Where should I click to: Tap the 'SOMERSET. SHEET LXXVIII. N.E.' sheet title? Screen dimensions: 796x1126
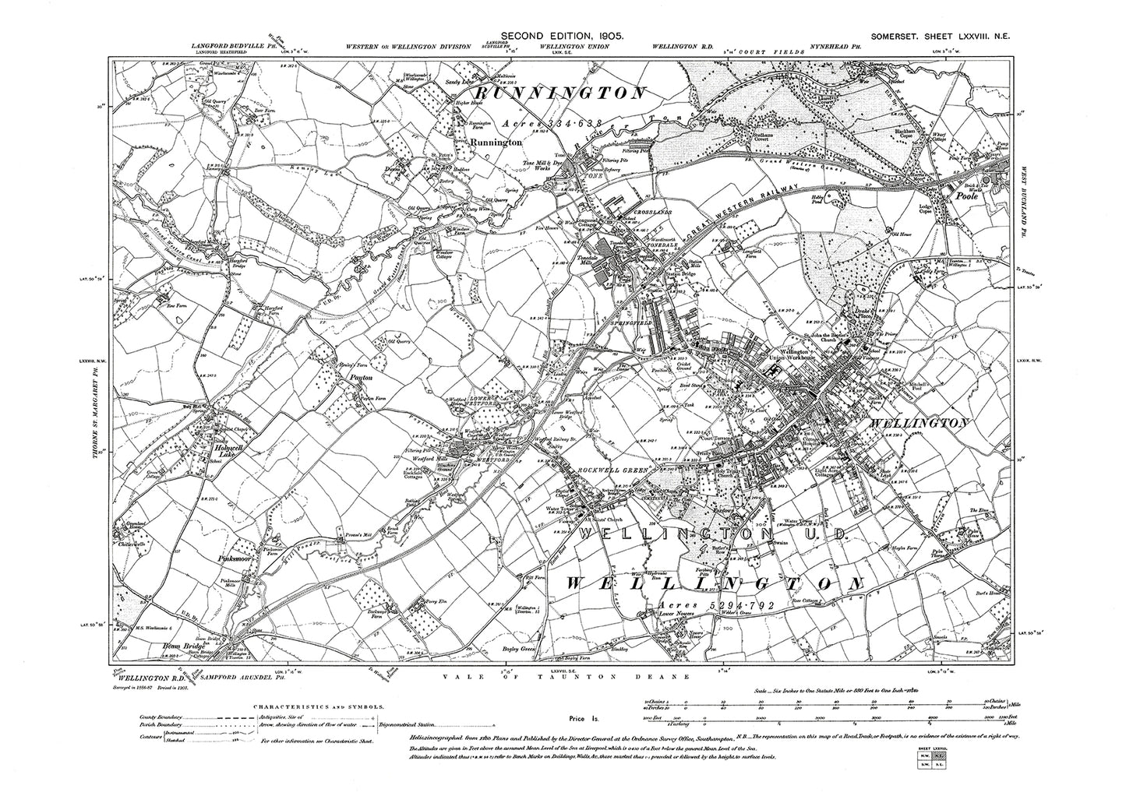[x=936, y=36]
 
